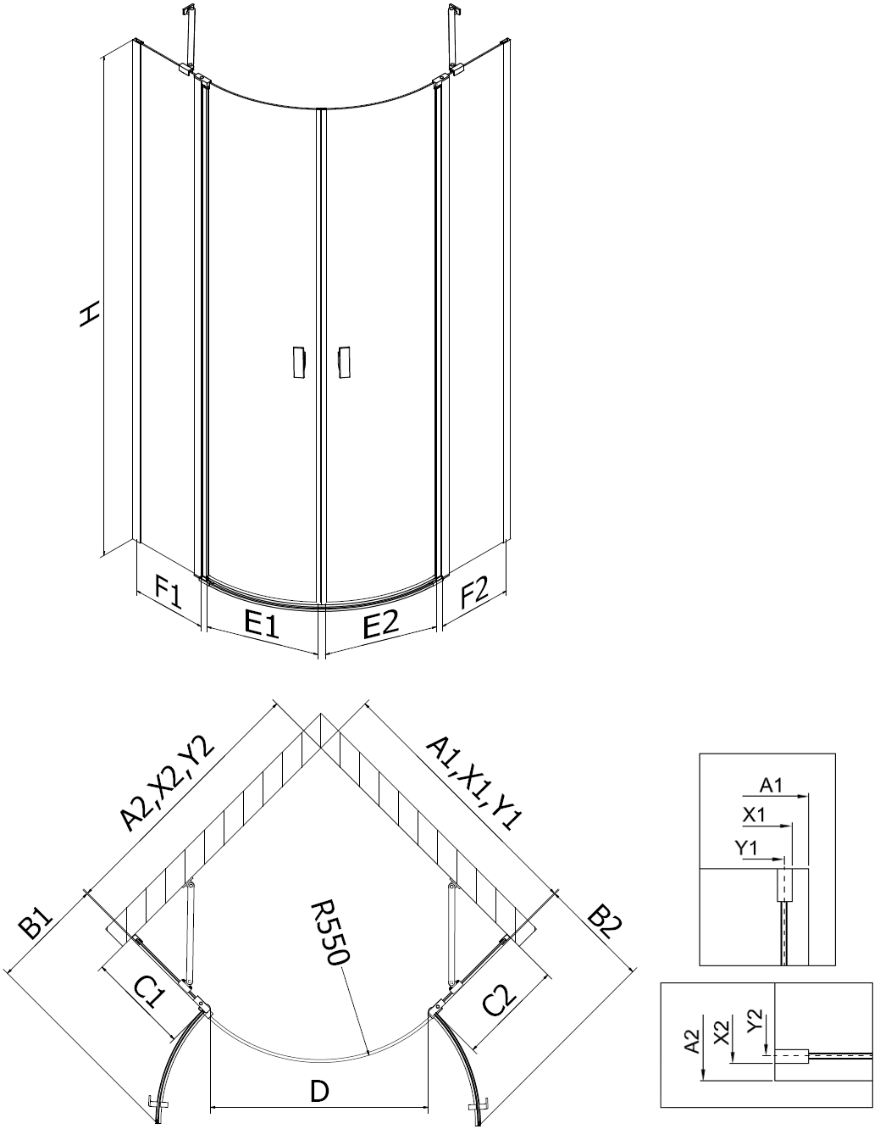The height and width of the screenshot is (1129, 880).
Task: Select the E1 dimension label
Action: click(x=262, y=624)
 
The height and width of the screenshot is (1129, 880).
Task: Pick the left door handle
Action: click(x=298, y=362)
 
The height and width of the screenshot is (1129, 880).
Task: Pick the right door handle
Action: click(x=343, y=362)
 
